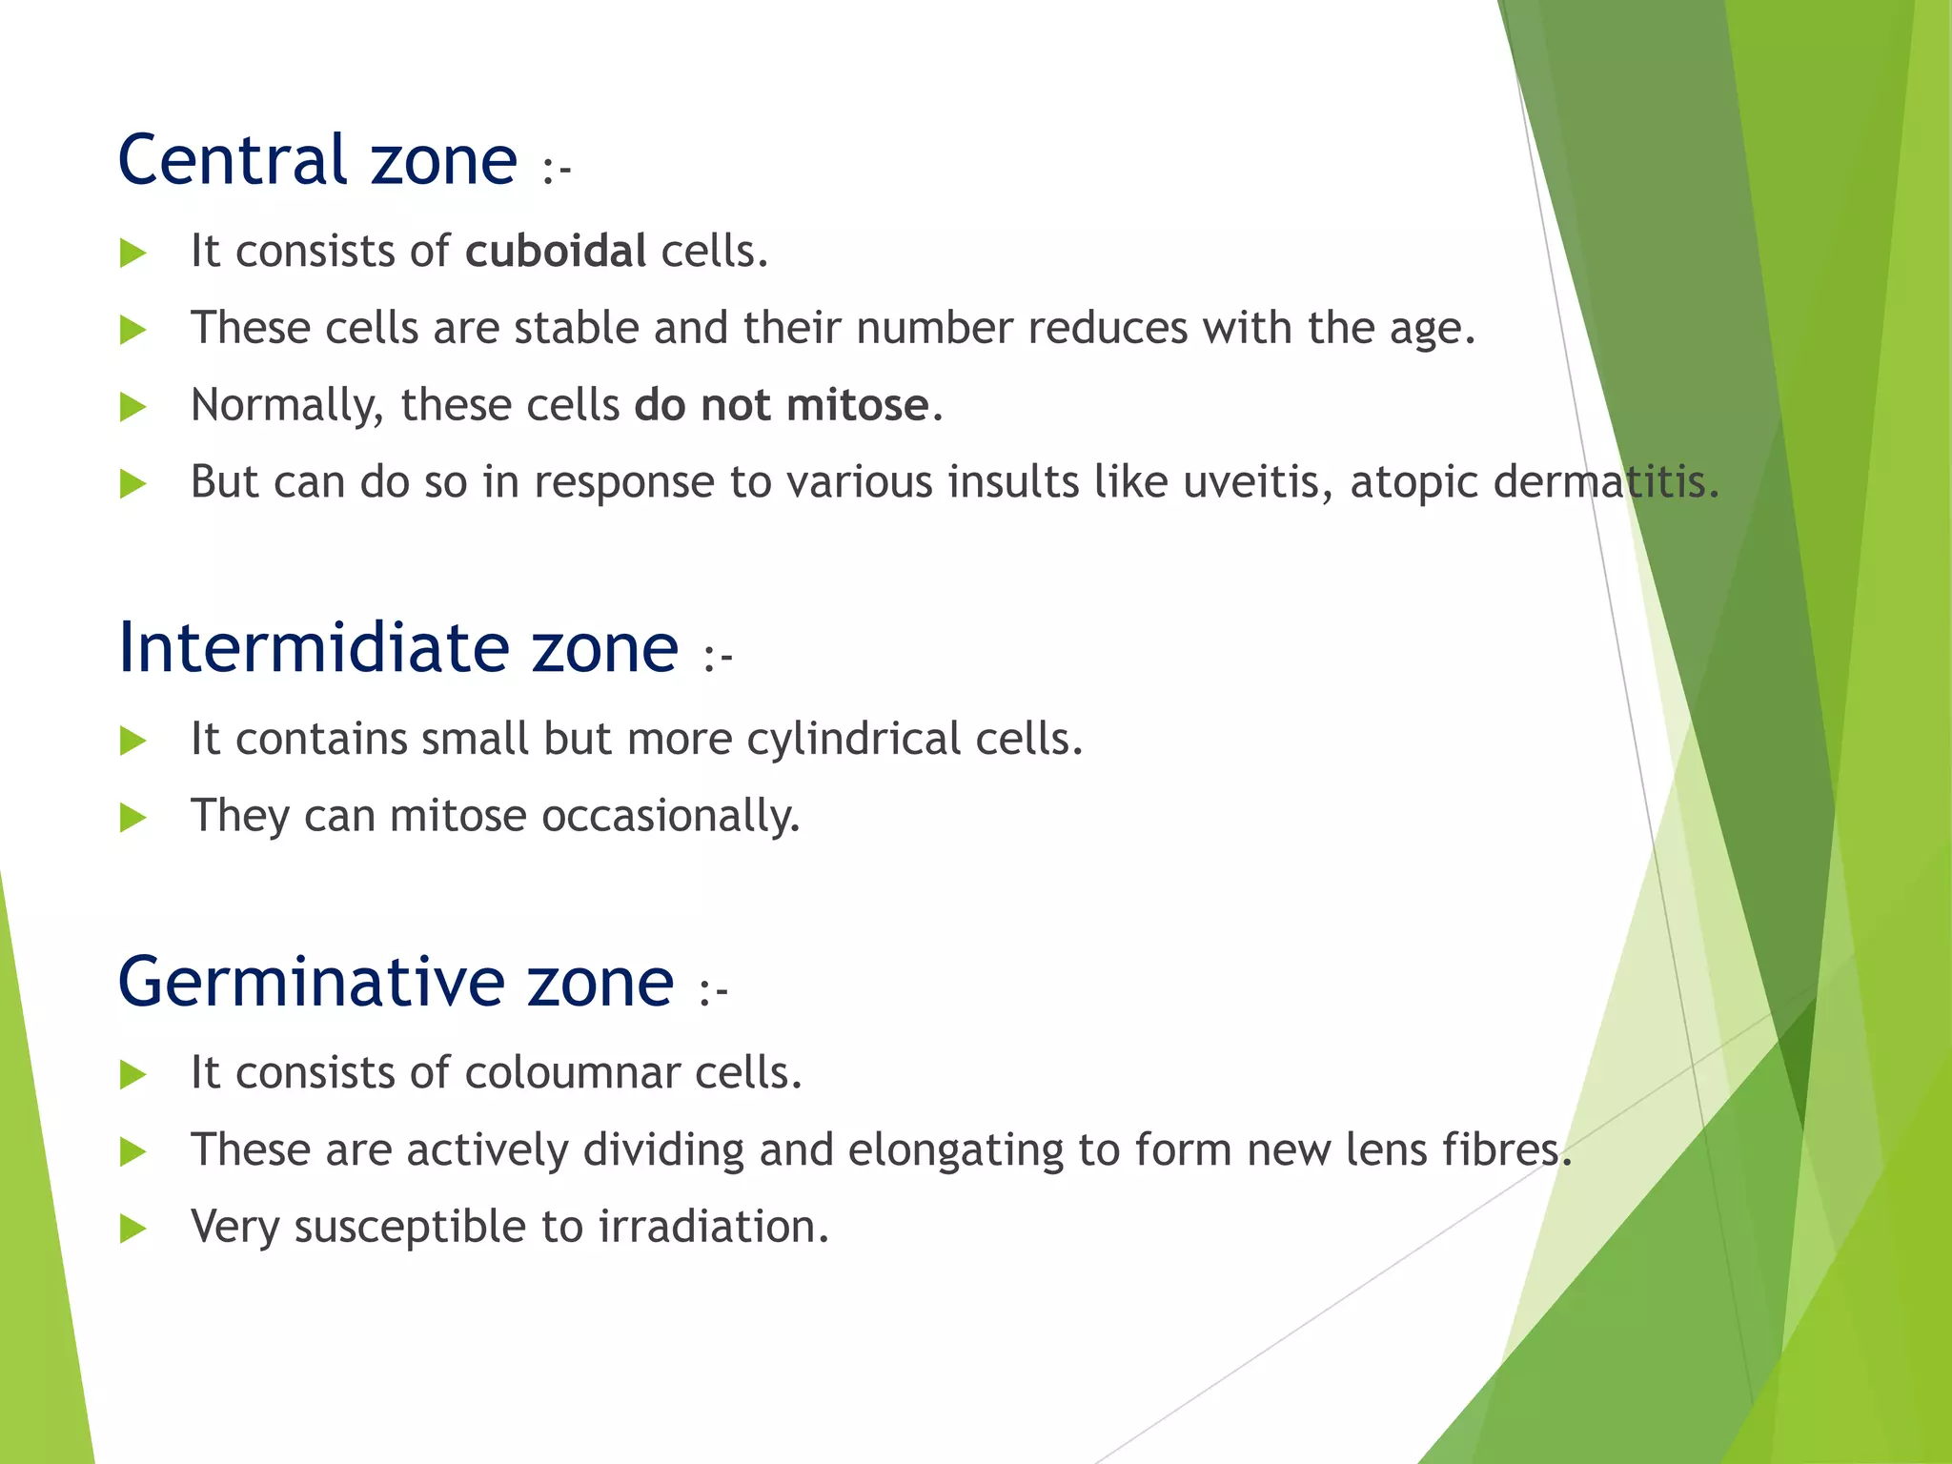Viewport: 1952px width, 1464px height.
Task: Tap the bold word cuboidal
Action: click(x=556, y=252)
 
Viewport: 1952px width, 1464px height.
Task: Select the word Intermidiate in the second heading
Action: click(x=315, y=648)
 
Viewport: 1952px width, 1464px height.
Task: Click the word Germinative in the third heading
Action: click(x=311, y=982)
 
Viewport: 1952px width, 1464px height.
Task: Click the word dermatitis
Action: click(x=1605, y=482)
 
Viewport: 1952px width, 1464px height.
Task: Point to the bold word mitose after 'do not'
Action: click(x=857, y=405)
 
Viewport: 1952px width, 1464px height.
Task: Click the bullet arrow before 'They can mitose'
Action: click(x=133, y=818)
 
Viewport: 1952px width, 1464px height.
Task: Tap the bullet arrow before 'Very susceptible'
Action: click(x=133, y=1229)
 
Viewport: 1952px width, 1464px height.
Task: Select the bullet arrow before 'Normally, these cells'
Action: click(x=133, y=407)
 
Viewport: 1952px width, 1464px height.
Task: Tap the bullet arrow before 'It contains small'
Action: click(x=133, y=741)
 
